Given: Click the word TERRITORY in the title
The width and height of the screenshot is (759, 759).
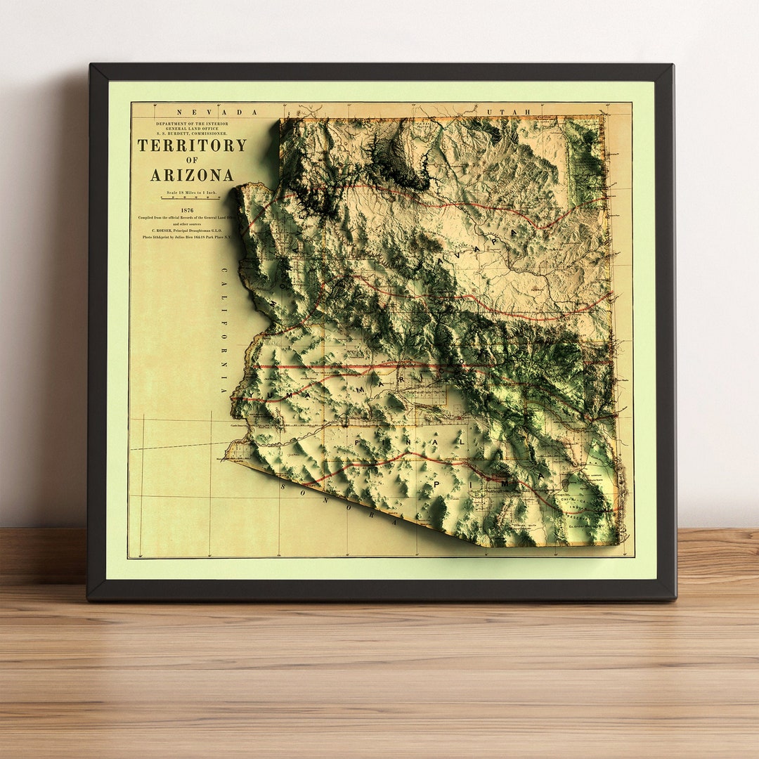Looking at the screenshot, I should [x=192, y=145].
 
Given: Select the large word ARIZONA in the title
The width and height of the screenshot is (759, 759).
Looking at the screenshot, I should [x=192, y=175].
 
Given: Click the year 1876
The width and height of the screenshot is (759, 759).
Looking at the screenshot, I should [x=187, y=210].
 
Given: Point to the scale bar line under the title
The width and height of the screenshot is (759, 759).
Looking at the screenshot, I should [x=190, y=198].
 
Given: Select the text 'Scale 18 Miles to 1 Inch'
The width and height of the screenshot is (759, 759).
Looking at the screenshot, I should [x=190, y=192].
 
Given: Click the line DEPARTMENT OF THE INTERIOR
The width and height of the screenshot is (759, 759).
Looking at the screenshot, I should [x=192, y=123].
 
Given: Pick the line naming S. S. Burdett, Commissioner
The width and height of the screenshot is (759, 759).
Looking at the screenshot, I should [x=192, y=134].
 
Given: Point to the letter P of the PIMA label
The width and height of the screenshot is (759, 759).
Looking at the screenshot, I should [x=437, y=485].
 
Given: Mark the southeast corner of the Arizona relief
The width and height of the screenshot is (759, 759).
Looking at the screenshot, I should [x=618, y=543].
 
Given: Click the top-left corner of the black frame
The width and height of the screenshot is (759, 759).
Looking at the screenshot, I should [x=90, y=65].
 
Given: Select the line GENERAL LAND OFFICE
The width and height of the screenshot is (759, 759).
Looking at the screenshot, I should [x=192, y=128].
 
